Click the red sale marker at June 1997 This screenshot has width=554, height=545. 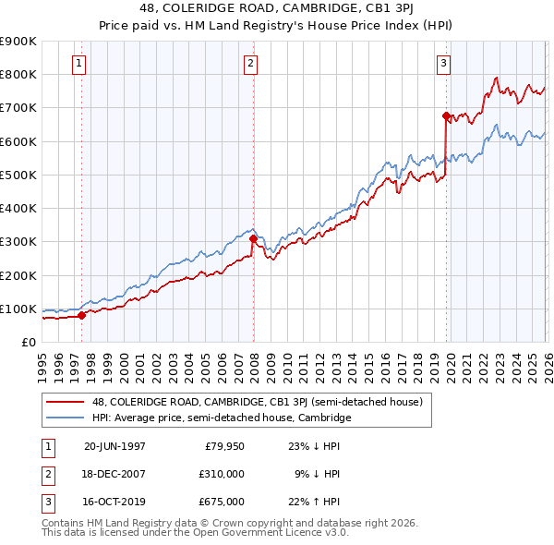[x=82, y=315]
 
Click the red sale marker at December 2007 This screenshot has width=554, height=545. [x=253, y=238]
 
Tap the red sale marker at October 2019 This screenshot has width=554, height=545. [x=446, y=116]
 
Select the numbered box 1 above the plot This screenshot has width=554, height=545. [x=79, y=64]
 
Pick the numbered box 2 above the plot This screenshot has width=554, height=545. [x=250, y=64]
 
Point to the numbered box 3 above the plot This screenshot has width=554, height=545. [x=443, y=64]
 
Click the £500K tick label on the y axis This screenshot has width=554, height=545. [x=18, y=175]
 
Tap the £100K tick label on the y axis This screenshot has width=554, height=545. [x=18, y=309]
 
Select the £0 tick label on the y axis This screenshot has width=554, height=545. [x=28, y=342]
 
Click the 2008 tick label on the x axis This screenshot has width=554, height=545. [x=254, y=365]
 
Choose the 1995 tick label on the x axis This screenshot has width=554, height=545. [x=42, y=365]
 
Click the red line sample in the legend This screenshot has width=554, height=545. [x=66, y=402]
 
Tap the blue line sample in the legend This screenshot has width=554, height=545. [x=66, y=418]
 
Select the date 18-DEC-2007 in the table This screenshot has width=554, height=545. [x=114, y=473]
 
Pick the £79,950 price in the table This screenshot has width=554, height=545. [x=222, y=444]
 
